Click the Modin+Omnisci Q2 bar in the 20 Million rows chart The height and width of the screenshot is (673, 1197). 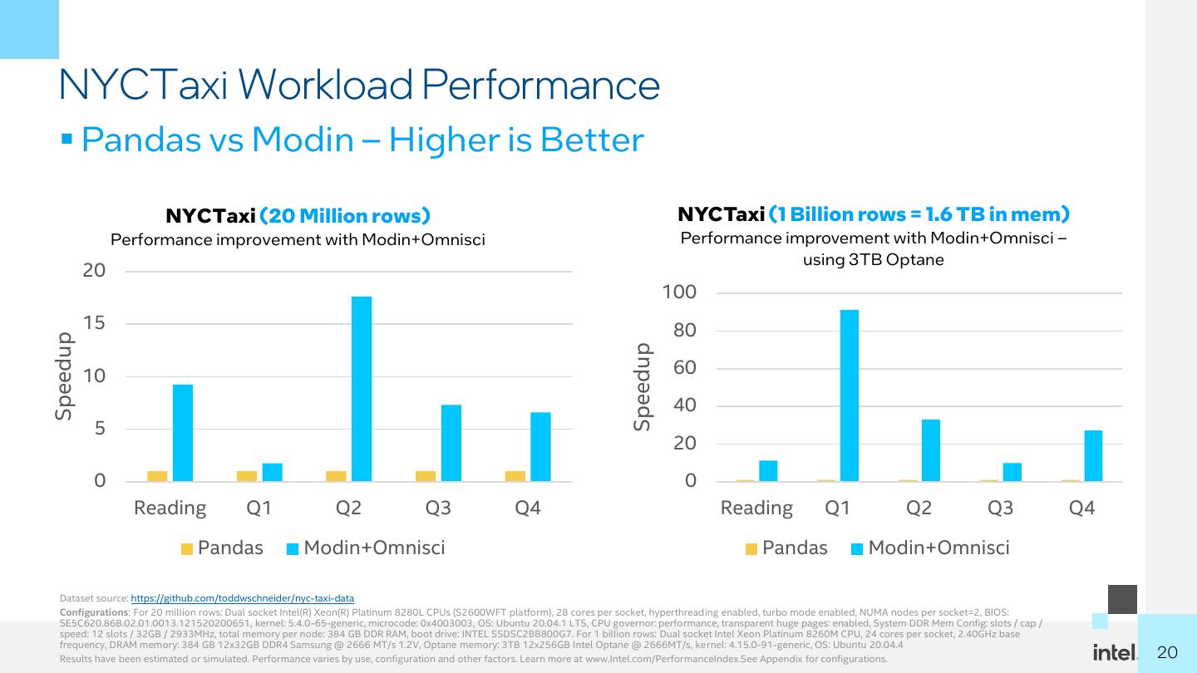pos(362,389)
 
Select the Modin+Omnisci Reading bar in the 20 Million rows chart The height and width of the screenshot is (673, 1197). pos(183,433)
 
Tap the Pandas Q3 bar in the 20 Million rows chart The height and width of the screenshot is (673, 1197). pos(426,476)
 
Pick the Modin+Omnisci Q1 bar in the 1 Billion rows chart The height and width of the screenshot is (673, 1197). pos(850,395)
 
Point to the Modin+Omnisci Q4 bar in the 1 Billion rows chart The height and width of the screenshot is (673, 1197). pos(1094,455)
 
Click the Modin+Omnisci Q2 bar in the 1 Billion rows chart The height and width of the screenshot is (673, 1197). pos(931,450)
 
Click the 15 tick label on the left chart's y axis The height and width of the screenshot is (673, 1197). pos(94,323)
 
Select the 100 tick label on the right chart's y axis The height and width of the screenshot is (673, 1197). pos(679,292)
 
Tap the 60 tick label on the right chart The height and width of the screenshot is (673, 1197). pos(685,368)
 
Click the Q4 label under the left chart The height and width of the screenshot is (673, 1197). pos(528,508)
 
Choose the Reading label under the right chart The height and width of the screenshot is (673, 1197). pos(756,508)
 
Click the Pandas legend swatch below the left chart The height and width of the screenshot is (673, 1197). pos(187,548)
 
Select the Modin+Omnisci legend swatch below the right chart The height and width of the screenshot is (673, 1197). pos(858,548)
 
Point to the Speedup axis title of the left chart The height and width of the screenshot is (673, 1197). pos(64,376)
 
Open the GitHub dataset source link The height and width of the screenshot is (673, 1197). pos(243,598)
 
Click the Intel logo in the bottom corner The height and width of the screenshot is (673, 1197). pos(1115,653)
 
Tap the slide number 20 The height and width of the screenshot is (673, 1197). pos(1168,652)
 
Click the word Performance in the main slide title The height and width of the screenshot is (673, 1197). pos(541,85)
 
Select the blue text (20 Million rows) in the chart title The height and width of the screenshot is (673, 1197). pos(345,216)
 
